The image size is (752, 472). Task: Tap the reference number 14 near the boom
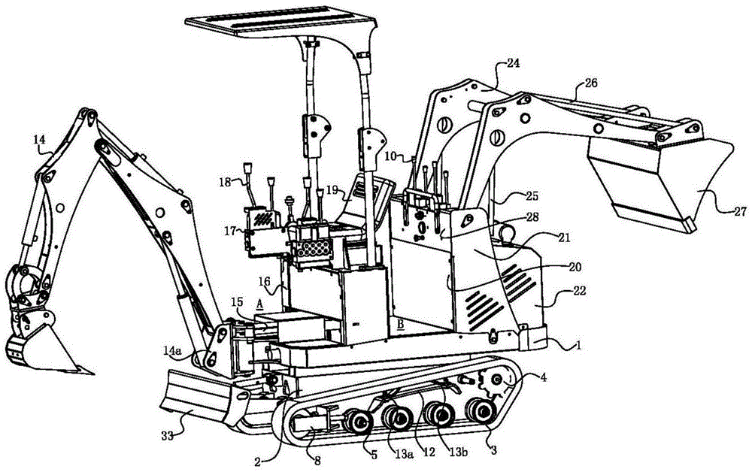click(x=40, y=139)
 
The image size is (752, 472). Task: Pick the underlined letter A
click(x=259, y=302)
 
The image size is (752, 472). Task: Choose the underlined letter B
click(x=401, y=325)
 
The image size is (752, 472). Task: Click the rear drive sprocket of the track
click(x=497, y=384)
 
